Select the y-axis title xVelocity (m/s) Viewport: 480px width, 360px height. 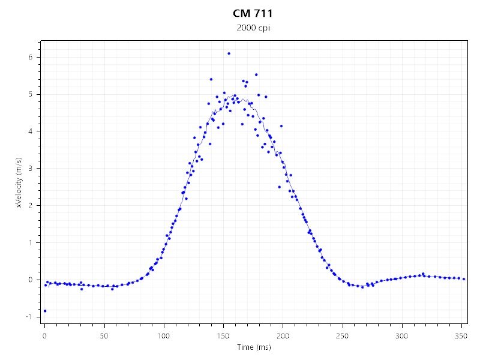(x=19, y=182)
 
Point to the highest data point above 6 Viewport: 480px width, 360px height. (x=229, y=53)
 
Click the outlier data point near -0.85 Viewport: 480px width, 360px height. (x=45, y=311)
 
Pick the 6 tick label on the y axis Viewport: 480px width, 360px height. (x=29, y=57)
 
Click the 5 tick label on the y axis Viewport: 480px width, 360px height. (x=29, y=94)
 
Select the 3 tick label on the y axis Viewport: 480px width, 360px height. (x=29, y=168)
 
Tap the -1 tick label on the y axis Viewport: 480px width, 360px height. (x=28, y=317)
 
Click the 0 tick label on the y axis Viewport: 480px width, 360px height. (x=29, y=280)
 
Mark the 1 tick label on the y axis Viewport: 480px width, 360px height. (x=29, y=242)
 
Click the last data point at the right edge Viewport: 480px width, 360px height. (x=464, y=279)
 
